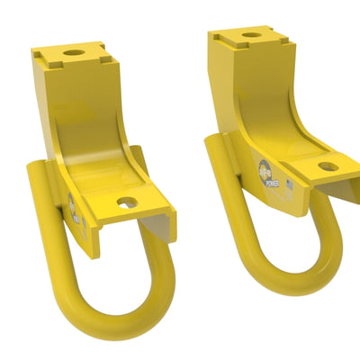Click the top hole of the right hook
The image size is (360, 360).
[x=249, y=35]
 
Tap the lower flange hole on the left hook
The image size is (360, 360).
[x=126, y=202]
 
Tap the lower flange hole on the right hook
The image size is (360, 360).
[x=328, y=166]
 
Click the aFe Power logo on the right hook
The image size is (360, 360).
[x=265, y=169]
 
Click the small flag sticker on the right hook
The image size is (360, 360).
[x=274, y=187]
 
